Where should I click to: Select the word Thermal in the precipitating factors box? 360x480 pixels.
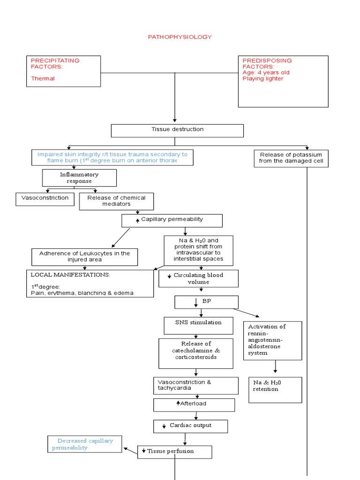coord(43,78)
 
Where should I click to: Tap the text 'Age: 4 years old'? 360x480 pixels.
coord(265,72)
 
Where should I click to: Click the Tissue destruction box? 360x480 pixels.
coord(177,130)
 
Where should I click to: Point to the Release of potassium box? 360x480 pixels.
coord(291,158)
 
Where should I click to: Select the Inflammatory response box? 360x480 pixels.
coord(79,178)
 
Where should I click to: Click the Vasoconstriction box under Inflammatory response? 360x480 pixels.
coord(45,198)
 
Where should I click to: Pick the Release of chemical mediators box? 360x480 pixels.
coord(116,201)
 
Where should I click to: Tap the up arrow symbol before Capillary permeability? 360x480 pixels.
coord(137,220)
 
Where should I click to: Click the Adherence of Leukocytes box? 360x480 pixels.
coord(84,256)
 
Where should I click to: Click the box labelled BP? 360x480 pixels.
coord(206,301)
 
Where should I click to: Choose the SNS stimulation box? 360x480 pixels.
coord(199,322)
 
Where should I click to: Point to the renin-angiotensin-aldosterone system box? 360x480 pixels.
coord(272,340)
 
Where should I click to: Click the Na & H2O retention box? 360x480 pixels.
coord(275,389)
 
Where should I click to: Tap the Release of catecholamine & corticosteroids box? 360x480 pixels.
coord(195,353)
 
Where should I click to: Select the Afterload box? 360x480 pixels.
coord(194,404)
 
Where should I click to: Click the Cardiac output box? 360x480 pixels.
coord(190,426)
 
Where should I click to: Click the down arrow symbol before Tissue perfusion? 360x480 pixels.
coord(144,451)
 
